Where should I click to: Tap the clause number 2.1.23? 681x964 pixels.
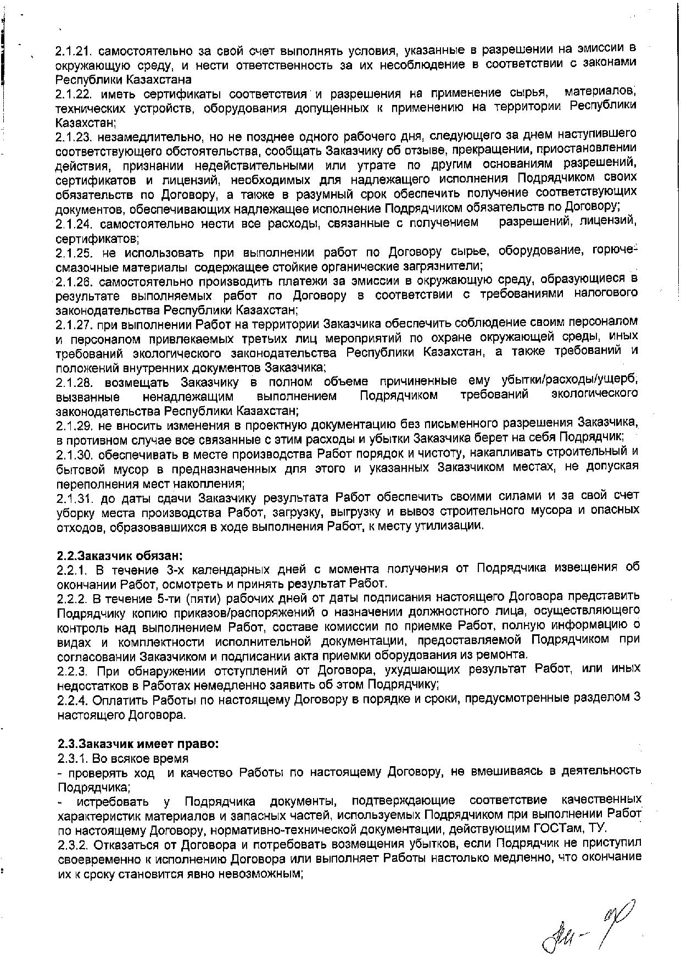click(x=74, y=136)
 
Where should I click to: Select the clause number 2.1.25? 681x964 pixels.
click(x=74, y=253)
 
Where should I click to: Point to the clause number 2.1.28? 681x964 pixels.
click(x=74, y=382)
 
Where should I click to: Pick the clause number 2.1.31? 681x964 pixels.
click(x=74, y=497)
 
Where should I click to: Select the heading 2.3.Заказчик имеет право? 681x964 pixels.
click(x=138, y=744)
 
